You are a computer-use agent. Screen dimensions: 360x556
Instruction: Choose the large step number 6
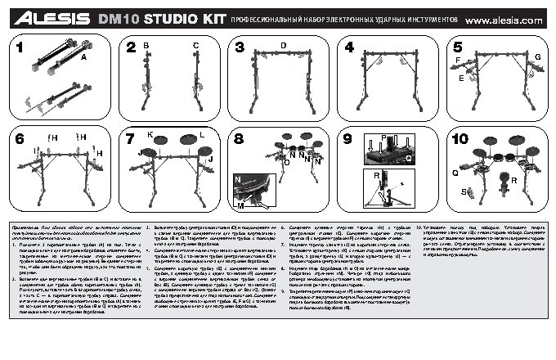coord(20,138)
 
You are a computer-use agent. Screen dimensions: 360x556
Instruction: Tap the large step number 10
coord(460,138)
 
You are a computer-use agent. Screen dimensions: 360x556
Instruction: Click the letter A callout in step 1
coord(83,59)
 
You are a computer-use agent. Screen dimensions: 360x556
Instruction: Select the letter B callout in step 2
coord(146,46)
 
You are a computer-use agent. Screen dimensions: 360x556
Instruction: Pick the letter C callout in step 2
coord(195,46)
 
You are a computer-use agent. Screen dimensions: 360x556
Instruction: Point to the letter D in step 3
coord(283,44)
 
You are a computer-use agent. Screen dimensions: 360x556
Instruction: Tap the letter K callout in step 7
coord(150,133)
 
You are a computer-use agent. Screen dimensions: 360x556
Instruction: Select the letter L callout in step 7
coord(202,133)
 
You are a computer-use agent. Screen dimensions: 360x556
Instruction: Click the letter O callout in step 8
coord(285,162)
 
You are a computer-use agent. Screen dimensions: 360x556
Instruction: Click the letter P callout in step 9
coord(383,137)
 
